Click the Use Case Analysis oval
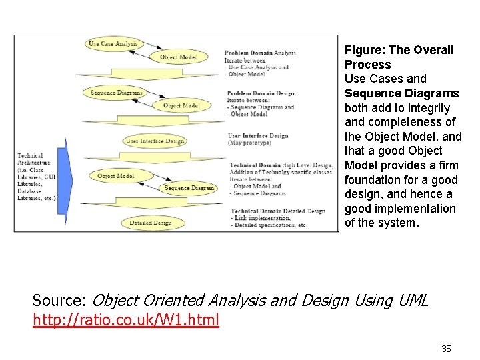[x=113, y=44]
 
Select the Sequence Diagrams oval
[x=117, y=93]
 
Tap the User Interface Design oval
[x=155, y=141]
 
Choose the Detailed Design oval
[x=150, y=223]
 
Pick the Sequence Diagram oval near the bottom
[x=189, y=188]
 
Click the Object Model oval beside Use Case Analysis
[x=178, y=57]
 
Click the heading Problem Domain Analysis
[x=260, y=53]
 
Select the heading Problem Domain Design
[x=261, y=93]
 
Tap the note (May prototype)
[x=250, y=143]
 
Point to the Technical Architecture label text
[x=34, y=159]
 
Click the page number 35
[x=446, y=349]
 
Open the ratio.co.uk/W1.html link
[x=125, y=320]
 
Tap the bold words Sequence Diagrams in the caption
[x=401, y=93]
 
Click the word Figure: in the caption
[x=365, y=50]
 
